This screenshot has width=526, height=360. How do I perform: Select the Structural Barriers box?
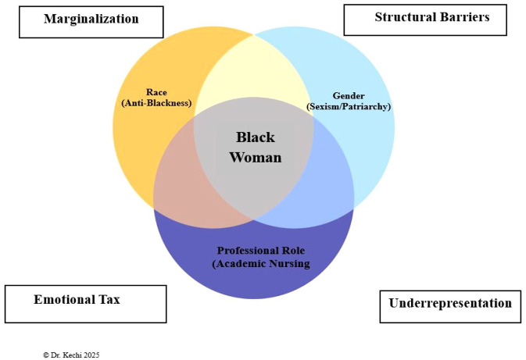[431, 17]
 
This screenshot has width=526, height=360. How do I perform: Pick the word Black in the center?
[255, 137]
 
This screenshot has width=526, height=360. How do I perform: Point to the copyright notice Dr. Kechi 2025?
[71, 354]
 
